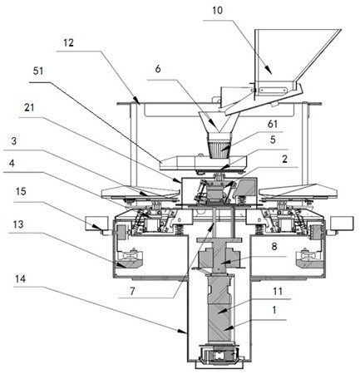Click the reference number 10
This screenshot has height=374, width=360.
217,11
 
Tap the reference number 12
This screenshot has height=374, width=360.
68,42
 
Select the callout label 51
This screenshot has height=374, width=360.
38,71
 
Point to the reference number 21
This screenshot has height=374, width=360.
29,107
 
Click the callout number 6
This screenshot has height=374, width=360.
158,69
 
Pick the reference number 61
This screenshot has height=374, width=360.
273,124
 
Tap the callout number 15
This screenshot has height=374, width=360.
22,191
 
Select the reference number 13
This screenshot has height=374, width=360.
18,224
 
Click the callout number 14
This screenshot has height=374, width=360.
20,279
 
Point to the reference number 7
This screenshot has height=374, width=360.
132,291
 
